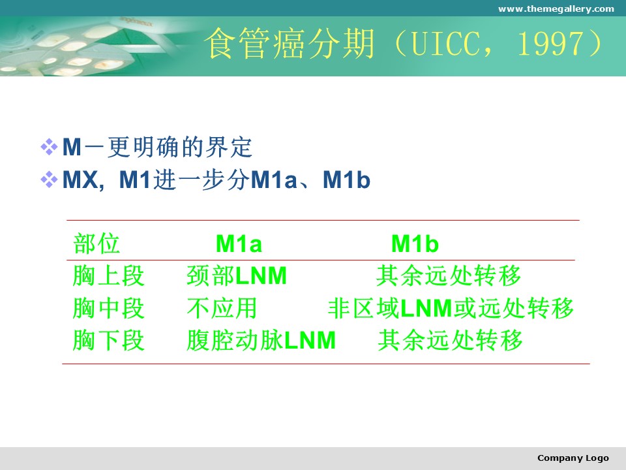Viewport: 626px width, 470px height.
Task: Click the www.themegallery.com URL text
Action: click(556, 8)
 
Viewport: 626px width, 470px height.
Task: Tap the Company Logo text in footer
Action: click(573, 458)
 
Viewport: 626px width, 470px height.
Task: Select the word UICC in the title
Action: click(445, 43)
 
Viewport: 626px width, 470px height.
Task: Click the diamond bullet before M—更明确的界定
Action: click(49, 147)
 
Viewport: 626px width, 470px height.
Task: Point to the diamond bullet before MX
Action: click(49, 180)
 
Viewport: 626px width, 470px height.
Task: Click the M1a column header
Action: click(239, 243)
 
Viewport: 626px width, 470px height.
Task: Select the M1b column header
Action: click(415, 243)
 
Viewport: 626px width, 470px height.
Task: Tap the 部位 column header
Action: click(97, 243)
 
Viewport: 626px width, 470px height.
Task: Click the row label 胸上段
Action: click(108, 275)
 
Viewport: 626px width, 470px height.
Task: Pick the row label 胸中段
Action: click(108, 308)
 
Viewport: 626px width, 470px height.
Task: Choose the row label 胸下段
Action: click(108, 341)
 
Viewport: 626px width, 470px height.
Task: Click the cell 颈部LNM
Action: click(237, 275)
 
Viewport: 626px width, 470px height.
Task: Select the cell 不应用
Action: click(222, 308)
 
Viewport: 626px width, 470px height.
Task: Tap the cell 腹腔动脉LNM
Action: click(261, 341)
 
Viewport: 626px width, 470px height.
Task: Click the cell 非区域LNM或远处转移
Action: click(451, 308)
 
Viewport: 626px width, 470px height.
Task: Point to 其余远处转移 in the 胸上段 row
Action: click(449, 275)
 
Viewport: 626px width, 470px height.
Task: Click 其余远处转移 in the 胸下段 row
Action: click(451, 341)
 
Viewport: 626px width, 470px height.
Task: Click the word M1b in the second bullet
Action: click(346, 180)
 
